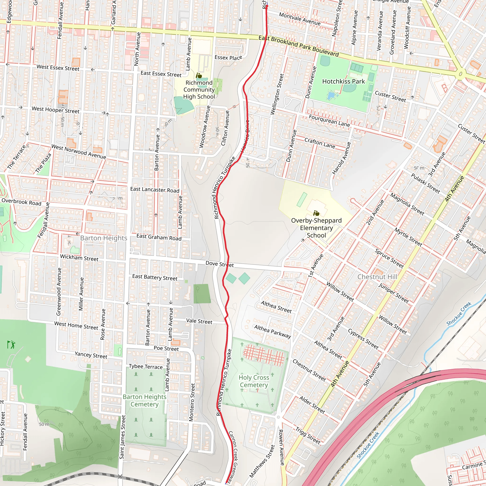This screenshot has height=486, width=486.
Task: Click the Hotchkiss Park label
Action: pyautogui.click(x=343, y=81)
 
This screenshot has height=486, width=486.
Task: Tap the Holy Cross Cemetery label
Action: pyautogui.click(x=254, y=381)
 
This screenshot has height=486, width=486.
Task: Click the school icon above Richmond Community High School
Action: pyautogui.click(x=199, y=75)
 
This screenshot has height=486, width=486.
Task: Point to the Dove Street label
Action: pyautogui.click(x=220, y=264)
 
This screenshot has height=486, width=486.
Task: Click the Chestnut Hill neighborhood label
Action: pyautogui.click(x=377, y=277)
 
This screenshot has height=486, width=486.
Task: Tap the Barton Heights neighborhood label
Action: pyautogui.click(x=104, y=238)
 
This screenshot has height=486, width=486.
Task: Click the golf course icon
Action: pyautogui.click(x=11, y=344)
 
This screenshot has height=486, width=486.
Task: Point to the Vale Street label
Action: pyautogui.click(x=199, y=321)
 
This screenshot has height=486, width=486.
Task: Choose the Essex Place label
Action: pyautogui.click(x=228, y=58)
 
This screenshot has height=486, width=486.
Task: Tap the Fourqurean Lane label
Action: pyautogui.click(x=329, y=121)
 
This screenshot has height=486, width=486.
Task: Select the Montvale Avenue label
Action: pyautogui.click(x=300, y=19)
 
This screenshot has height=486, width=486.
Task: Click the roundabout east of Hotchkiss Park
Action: pyautogui.click(x=460, y=74)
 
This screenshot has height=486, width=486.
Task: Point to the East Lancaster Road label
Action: pyautogui.click(x=155, y=190)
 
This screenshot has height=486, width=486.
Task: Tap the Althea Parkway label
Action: pyautogui.click(x=272, y=331)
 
